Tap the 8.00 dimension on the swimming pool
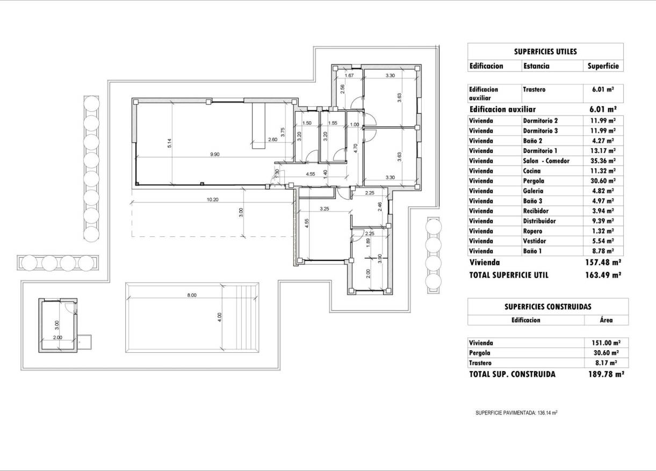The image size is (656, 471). click(x=192, y=295)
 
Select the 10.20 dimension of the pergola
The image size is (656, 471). click(x=213, y=199)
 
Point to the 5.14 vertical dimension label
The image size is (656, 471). click(x=169, y=144)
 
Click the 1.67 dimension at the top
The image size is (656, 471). click(x=349, y=76)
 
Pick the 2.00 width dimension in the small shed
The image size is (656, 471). click(x=58, y=337)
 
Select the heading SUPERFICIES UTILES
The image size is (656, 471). click(x=545, y=52)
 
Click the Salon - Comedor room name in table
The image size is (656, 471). click(x=546, y=161)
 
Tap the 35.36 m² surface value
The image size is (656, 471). click(x=603, y=161)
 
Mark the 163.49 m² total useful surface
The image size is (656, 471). click(x=603, y=274)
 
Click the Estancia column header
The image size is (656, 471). click(x=536, y=66)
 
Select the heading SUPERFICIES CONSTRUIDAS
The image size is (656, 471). click(x=547, y=307)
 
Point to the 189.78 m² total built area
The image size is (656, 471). click(x=605, y=374)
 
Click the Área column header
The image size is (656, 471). click(x=605, y=320)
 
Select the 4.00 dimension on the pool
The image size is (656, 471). click(x=219, y=318)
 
